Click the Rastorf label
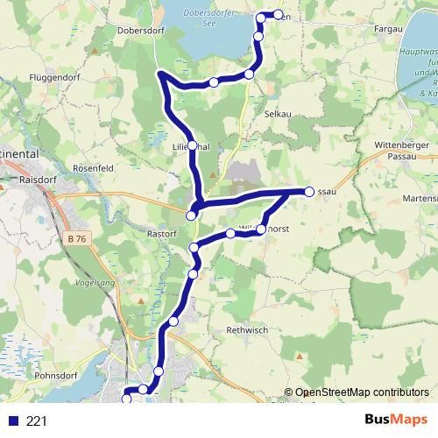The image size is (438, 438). [163, 234]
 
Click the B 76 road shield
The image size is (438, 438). [77, 237]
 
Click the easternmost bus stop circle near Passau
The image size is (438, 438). [308, 191]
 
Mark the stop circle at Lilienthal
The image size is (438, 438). [192, 146]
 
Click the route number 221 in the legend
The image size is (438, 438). [37, 420]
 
